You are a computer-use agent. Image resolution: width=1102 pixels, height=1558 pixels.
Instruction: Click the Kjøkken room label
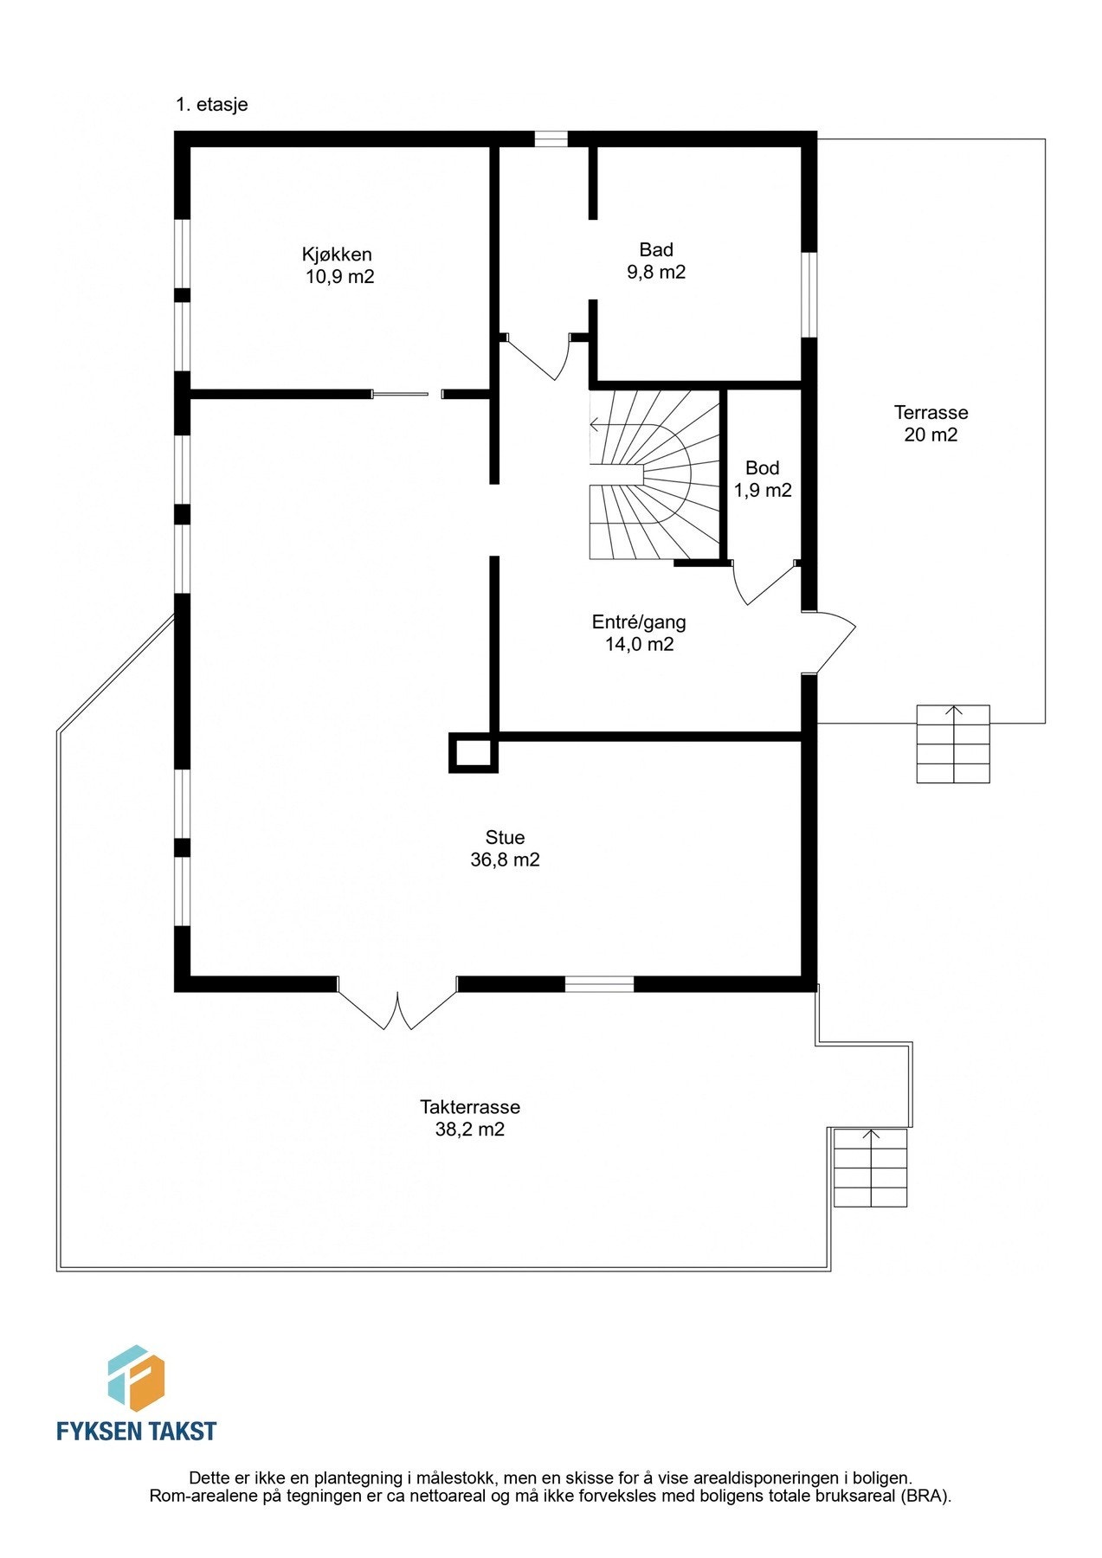337,254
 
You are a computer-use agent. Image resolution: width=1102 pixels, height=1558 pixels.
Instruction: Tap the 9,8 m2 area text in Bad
656,273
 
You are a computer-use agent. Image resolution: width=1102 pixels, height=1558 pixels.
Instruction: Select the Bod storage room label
762,468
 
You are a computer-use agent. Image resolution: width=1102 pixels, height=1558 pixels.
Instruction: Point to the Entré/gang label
639,621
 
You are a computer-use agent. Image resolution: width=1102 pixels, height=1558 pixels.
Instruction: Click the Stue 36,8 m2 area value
505,860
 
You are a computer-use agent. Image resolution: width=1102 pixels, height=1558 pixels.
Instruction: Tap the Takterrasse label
469,1107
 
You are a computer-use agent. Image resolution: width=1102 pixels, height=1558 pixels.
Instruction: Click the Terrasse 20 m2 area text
931,435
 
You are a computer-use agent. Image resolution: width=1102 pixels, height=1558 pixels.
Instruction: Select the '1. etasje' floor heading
212,105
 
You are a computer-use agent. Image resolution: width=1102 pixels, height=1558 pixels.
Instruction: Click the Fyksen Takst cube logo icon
136,1378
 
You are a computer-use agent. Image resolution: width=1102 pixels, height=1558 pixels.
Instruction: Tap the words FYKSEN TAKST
136,1431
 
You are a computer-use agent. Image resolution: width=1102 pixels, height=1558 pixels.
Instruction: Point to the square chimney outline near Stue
473,752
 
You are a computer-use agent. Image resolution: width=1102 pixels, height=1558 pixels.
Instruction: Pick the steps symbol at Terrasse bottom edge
953,744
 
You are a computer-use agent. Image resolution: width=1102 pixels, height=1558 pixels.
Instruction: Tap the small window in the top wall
551,138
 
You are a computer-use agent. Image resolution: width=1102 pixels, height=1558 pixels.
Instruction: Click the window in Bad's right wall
809,294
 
